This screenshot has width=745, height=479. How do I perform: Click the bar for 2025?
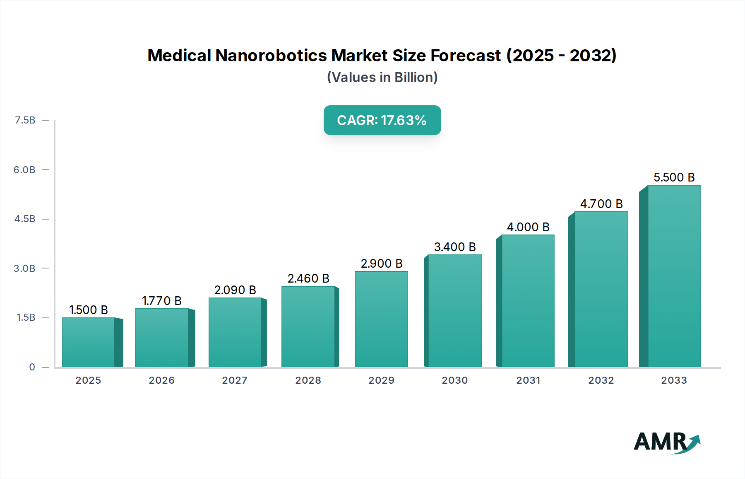(88, 342)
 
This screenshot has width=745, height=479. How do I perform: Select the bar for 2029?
(381, 319)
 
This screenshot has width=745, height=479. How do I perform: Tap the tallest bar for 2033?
(674, 276)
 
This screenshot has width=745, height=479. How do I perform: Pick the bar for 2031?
(528, 301)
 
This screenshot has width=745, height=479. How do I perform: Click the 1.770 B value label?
(162, 301)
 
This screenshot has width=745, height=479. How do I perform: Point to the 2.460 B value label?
(308, 278)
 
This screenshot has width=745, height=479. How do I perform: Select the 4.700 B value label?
(601, 204)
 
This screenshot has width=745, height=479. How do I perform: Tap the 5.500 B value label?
(674, 177)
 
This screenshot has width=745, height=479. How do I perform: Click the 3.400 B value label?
(455, 247)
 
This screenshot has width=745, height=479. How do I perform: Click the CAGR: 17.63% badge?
(382, 120)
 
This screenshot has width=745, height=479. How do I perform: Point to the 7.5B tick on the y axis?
(25, 120)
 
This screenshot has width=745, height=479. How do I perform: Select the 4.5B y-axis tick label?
(25, 219)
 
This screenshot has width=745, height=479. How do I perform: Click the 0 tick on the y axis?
(32, 367)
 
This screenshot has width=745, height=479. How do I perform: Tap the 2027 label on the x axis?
(235, 380)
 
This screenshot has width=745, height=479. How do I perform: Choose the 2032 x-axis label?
(601, 380)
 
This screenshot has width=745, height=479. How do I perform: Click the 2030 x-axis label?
(455, 380)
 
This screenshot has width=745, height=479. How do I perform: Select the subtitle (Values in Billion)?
(382, 77)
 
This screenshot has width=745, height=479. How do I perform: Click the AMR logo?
(666, 442)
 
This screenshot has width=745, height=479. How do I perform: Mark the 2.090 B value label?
(235, 290)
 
